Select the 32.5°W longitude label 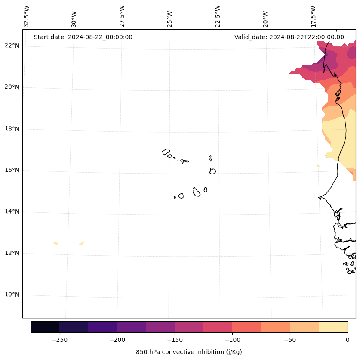pos(27,16)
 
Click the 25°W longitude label pos(170,19)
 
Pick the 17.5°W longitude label pos(313,16)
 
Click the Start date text pos(83,37)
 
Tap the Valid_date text pos(289,37)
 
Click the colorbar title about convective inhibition pos(189,352)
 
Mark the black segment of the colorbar pos(45,327)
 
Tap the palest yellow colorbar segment pos(333,327)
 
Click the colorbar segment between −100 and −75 pos(246,327)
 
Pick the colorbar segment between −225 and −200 pos(102,327)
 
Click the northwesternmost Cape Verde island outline pos(166,152)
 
